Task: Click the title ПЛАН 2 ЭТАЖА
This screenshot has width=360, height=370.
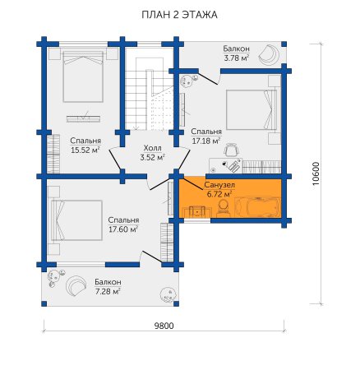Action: click(179, 15)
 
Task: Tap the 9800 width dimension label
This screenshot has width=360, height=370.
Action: click(164, 326)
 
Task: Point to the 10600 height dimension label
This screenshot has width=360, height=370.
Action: click(316, 173)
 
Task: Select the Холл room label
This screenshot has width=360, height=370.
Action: click(153, 148)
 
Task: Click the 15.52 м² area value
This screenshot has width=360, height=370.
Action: click(85, 150)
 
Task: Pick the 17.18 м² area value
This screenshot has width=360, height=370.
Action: click(206, 141)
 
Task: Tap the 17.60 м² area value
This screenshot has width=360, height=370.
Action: click(123, 229)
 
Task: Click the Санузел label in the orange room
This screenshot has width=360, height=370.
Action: click(219, 185)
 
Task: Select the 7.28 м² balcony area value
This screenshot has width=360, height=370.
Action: click(108, 291)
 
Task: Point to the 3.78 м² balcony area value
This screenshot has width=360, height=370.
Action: click(236, 58)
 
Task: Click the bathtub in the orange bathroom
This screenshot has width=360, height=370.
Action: click(257, 206)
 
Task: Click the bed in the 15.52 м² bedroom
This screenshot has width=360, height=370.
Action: click(83, 76)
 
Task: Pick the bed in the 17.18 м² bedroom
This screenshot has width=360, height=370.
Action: click(252, 109)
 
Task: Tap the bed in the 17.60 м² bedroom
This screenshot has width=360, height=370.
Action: click(76, 220)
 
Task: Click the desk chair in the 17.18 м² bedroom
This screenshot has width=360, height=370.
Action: click(232, 150)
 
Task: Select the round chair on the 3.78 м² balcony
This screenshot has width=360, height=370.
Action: click(269, 55)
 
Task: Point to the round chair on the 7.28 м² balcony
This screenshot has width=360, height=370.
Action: click(76, 286)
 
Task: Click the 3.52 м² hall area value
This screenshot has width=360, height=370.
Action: click(153, 158)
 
